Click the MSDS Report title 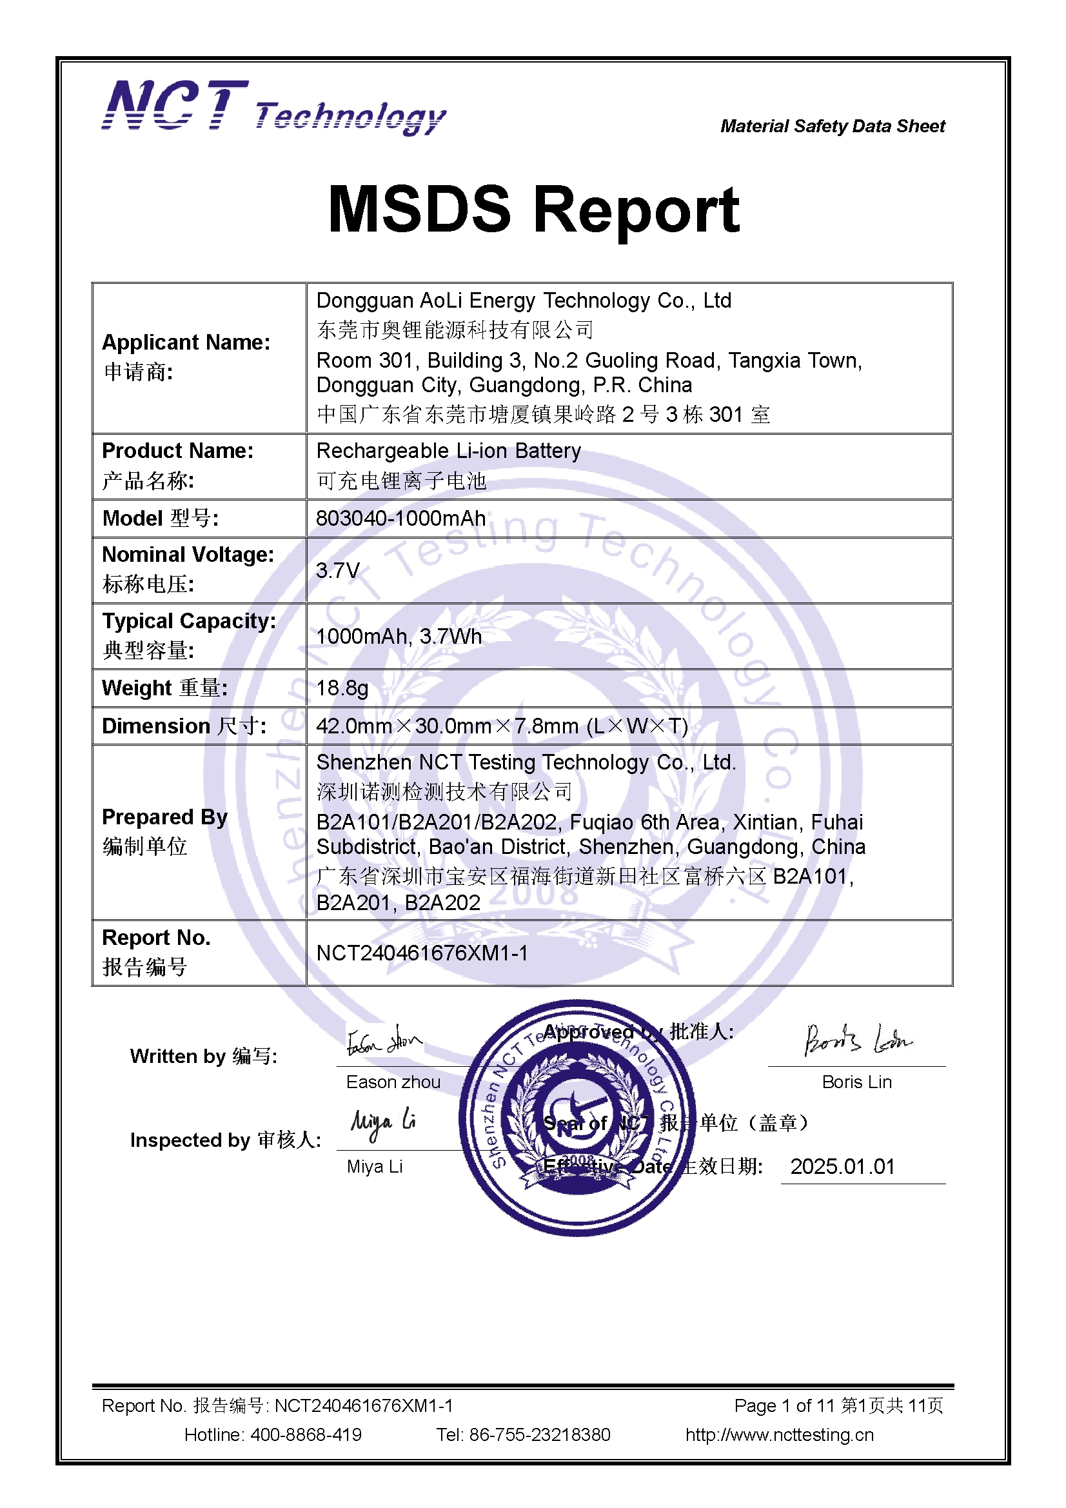click(x=533, y=210)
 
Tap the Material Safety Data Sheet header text click(x=832, y=126)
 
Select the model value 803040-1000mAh click(x=400, y=518)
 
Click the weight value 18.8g click(x=342, y=688)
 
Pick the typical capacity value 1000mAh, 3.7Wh click(x=399, y=636)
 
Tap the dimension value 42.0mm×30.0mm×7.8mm click(x=502, y=726)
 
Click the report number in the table click(x=422, y=953)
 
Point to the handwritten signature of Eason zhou click(x=384, y=1040)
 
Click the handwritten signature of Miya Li click(x=383, y=1124)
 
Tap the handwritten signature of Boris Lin click(x=857, y=1040)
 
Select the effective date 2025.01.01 click(x=842, y=1166)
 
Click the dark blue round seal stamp click(x=577, y=1116)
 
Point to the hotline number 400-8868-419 click(x=306, y=1435)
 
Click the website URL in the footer click(x=779, y=1435)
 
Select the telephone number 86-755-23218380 click(x=539, y=1435)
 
